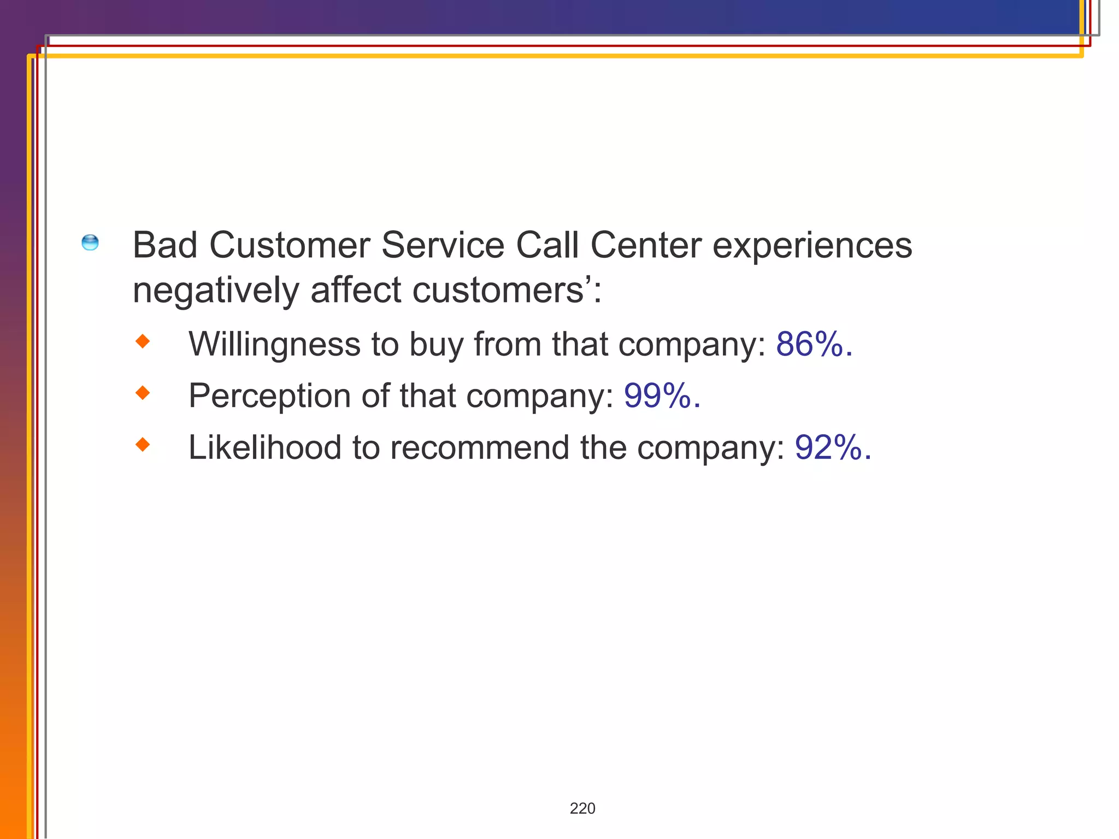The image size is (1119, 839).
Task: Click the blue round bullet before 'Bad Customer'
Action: click(x=90, y=243)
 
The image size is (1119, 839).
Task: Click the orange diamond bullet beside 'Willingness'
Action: click(x=143, y=342)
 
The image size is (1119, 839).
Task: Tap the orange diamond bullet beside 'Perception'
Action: click(x=143, y=393)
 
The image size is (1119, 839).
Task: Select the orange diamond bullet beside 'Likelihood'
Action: click(x=143, y=445)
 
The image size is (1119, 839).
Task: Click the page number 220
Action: click(x=582, y=808)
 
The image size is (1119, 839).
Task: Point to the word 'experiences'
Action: click(x=812, y=246)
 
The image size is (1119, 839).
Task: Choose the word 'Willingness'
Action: click(x=274, y=345)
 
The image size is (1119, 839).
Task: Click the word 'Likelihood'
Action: click(x=265, y=447)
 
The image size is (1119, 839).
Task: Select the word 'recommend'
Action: click(x=480, y=447)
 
